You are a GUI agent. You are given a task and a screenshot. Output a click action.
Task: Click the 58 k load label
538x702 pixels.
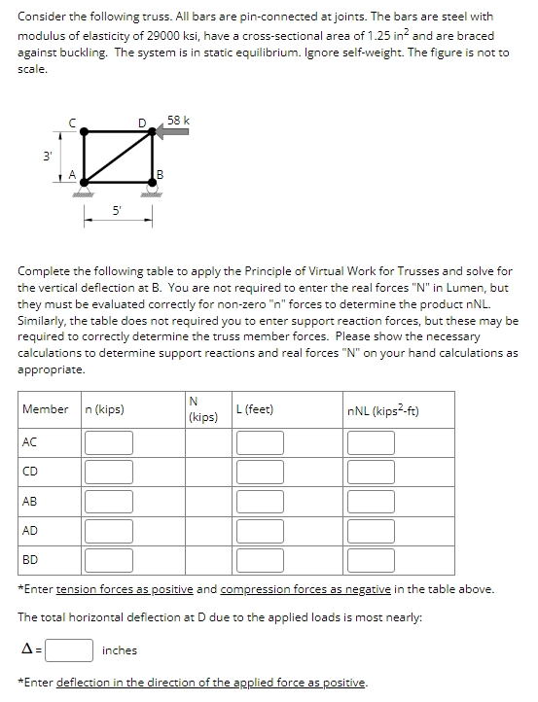(178, 121)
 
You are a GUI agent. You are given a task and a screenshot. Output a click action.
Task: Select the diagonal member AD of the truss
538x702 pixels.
(118, 158)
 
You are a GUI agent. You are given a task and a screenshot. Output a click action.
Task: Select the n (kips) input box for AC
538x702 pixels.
(108, 443)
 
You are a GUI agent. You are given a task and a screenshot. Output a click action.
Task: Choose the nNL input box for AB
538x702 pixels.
(370, 502)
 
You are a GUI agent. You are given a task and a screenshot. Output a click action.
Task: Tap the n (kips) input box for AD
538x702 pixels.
(108, 531)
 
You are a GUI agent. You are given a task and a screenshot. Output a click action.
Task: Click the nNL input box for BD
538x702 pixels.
(370, 560)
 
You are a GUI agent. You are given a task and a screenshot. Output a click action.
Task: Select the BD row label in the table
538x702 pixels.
(31, 560)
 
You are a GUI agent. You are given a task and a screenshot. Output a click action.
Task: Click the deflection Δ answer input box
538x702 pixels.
(69, 649)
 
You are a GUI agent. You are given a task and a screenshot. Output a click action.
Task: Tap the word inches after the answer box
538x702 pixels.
(120, 649)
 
